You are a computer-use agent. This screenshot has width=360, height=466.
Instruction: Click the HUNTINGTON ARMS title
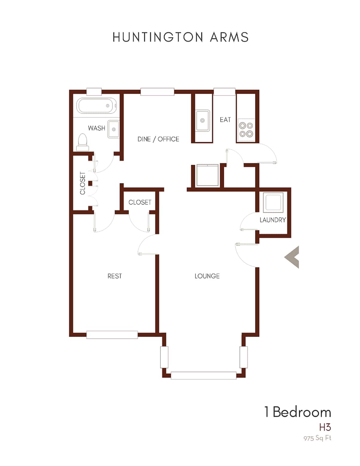click(180, 37)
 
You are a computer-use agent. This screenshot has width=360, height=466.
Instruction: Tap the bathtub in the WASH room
click(96, 106)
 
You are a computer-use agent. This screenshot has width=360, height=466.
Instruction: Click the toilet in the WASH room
click(82, 142)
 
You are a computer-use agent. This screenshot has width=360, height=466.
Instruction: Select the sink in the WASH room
click(113, 129)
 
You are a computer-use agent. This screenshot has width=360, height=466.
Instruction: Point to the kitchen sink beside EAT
click(202, 120)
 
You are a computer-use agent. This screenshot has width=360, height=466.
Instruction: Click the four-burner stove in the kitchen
click(246, 130)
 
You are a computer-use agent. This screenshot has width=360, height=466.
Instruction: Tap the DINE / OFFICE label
click(158, 139)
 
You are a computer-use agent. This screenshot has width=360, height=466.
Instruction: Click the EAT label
click(225, 120)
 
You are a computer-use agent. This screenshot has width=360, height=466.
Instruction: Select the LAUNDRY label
click(272, 220)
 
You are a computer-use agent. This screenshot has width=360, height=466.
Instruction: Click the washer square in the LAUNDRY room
click(273, 202)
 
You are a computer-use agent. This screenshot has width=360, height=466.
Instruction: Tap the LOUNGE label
click(207, 276)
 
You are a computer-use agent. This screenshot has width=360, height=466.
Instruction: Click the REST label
click(115, 276)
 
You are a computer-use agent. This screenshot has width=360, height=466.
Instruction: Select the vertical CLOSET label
click(83, 183)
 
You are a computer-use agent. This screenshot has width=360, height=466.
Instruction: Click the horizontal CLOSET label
click(140, 202)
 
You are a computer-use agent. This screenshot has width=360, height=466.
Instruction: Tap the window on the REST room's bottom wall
click(112, 335)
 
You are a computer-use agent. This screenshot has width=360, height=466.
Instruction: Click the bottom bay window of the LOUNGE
click(203, 375)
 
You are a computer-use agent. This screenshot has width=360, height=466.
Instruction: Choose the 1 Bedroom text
click(297, 412)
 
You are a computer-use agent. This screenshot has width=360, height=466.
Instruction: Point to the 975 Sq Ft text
click(317, 438)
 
